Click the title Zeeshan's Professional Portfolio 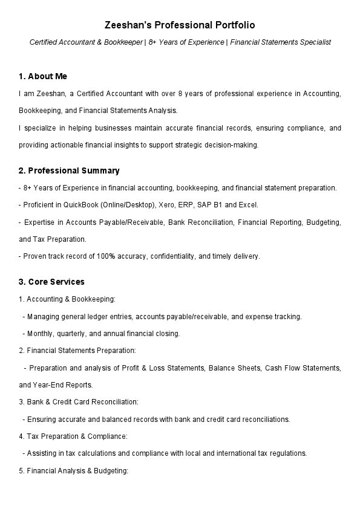[180, 25]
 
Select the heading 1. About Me [43, 76]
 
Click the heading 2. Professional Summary [69, 170]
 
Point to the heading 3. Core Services [51, 282]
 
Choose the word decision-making [236, 145]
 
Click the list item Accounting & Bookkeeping [71, 299]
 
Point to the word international [239, 453]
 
